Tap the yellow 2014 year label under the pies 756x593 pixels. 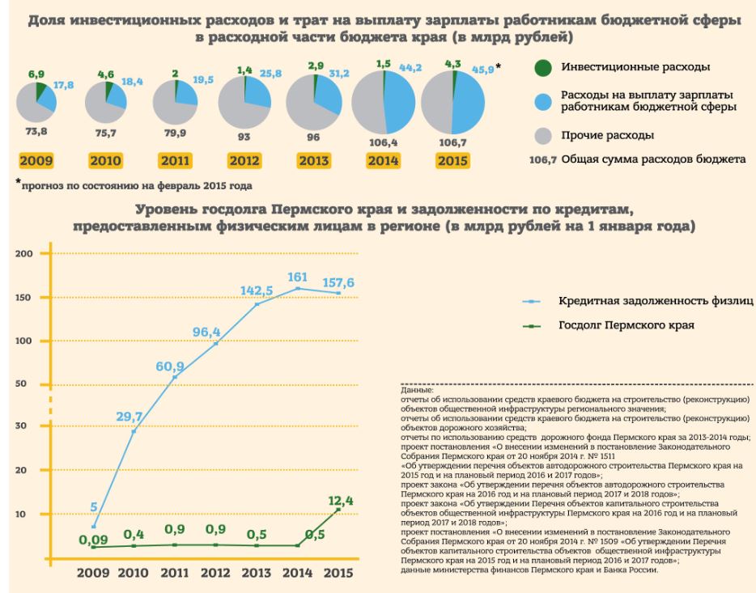pos(382,161)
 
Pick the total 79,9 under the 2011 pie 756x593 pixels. pos(174,133)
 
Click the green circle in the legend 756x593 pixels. pos(546,66)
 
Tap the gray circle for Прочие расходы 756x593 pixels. pos(546,134)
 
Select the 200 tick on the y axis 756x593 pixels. pos(23,254)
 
